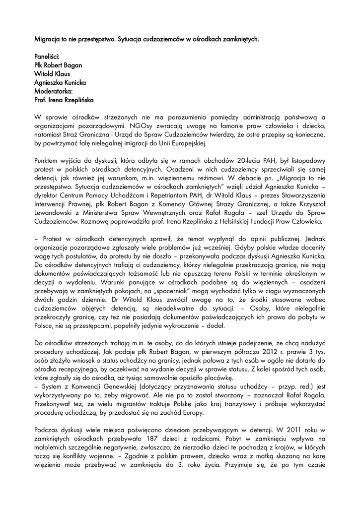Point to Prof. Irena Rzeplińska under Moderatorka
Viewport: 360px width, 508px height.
64,100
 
